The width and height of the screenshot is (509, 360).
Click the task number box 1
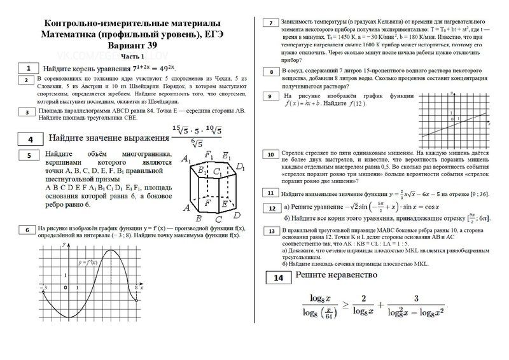click(28, 67)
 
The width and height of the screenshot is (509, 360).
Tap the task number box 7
click(271, 24)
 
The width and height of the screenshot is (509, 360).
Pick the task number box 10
click(271, 155)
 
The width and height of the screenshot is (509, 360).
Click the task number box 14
click(278, 277)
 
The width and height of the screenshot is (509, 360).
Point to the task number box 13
click(271, 232)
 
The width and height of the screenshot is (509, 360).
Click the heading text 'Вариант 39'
click(132, 46)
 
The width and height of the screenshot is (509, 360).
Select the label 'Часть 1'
click(133, 56)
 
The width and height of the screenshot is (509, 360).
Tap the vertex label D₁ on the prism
click(240, 167)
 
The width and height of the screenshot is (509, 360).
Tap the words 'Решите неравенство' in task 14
click(335, 276)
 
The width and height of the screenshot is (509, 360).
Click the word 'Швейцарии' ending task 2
click(164, 100)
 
